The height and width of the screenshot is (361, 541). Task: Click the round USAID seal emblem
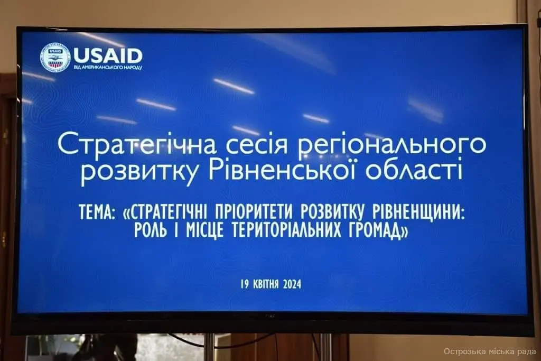(55, 58)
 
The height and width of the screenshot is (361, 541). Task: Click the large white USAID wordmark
(108, 55)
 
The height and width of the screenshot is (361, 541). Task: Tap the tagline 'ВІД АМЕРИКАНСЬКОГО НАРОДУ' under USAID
(108, 67)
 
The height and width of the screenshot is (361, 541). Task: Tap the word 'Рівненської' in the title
(284, 169)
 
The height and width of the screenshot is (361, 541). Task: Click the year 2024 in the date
(292, 284)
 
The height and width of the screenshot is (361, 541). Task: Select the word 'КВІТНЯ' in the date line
(266, 284)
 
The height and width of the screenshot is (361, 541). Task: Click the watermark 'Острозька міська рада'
(490, 351)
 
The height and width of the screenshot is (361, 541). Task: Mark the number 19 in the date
(245, 284)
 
